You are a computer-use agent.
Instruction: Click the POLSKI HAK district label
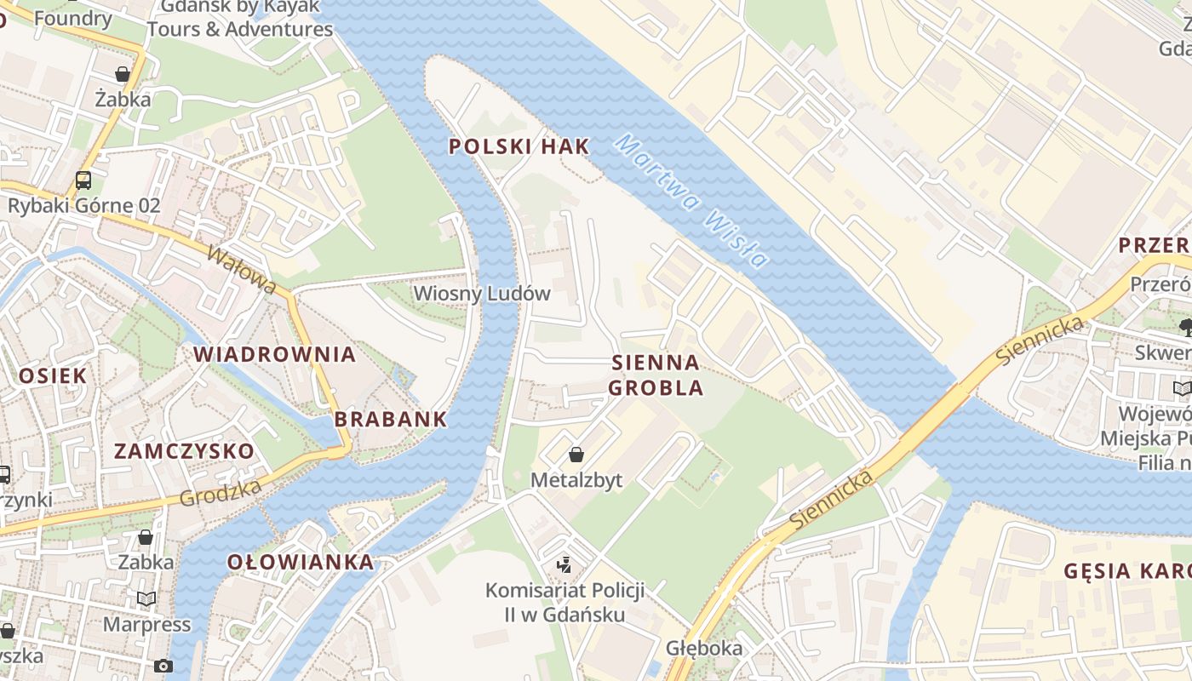pos(519,146)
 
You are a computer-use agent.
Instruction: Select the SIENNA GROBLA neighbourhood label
pos(656,375)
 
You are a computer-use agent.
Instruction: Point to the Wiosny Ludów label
pos(482,294)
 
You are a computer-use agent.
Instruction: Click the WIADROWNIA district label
pos(274,354)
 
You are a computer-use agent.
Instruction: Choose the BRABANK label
pos(391,419)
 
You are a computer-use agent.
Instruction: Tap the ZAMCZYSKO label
pos(184,451)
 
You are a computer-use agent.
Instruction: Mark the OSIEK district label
pos(52,375)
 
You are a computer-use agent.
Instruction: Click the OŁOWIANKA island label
pos(301,562)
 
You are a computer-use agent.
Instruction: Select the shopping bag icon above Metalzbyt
pos(576,455)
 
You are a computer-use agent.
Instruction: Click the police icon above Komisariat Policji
pos(563,564)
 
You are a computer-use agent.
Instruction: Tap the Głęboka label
pos(704,649)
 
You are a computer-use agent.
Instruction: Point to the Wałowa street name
pos(241,270)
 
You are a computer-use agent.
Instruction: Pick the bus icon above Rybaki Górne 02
pos(83,180)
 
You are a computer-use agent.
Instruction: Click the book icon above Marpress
pos(146,599)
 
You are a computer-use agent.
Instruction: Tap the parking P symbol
pos(349,106)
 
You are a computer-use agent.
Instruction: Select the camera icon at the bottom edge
pos(163,666)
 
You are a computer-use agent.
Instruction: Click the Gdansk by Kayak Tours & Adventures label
pos(240,19)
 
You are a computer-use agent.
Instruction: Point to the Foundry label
pos(73,18)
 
